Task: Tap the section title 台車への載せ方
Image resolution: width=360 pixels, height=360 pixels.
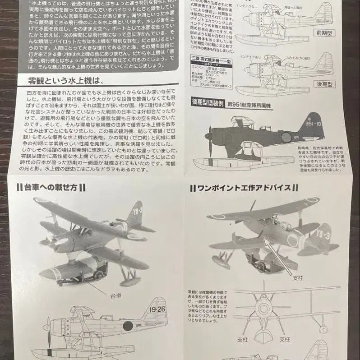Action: (51, 187)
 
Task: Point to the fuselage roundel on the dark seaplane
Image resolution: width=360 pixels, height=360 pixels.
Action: (286, 138)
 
